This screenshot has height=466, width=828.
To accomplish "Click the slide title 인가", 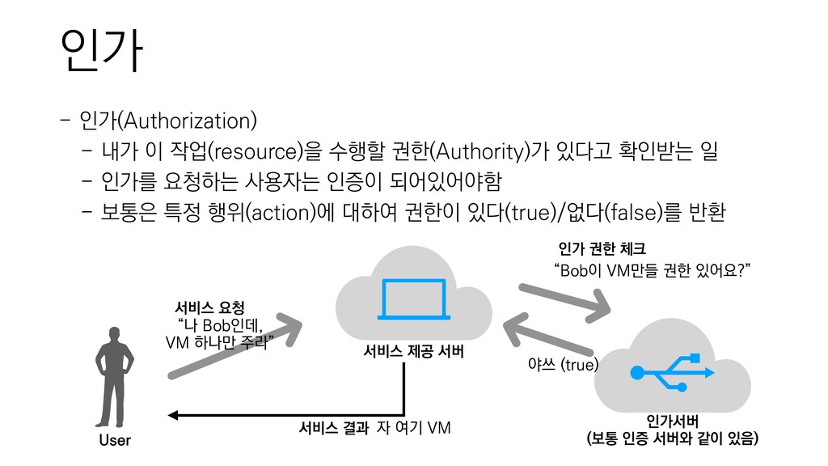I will point(95,52).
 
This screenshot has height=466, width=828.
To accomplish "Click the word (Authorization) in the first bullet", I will point(188,122).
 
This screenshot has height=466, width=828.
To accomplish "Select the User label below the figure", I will point(114,441).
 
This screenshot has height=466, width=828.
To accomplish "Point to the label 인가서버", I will point(672,422).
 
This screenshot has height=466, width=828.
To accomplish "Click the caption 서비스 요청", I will point(209,307).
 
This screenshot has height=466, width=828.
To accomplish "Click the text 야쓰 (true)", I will point(562,366).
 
